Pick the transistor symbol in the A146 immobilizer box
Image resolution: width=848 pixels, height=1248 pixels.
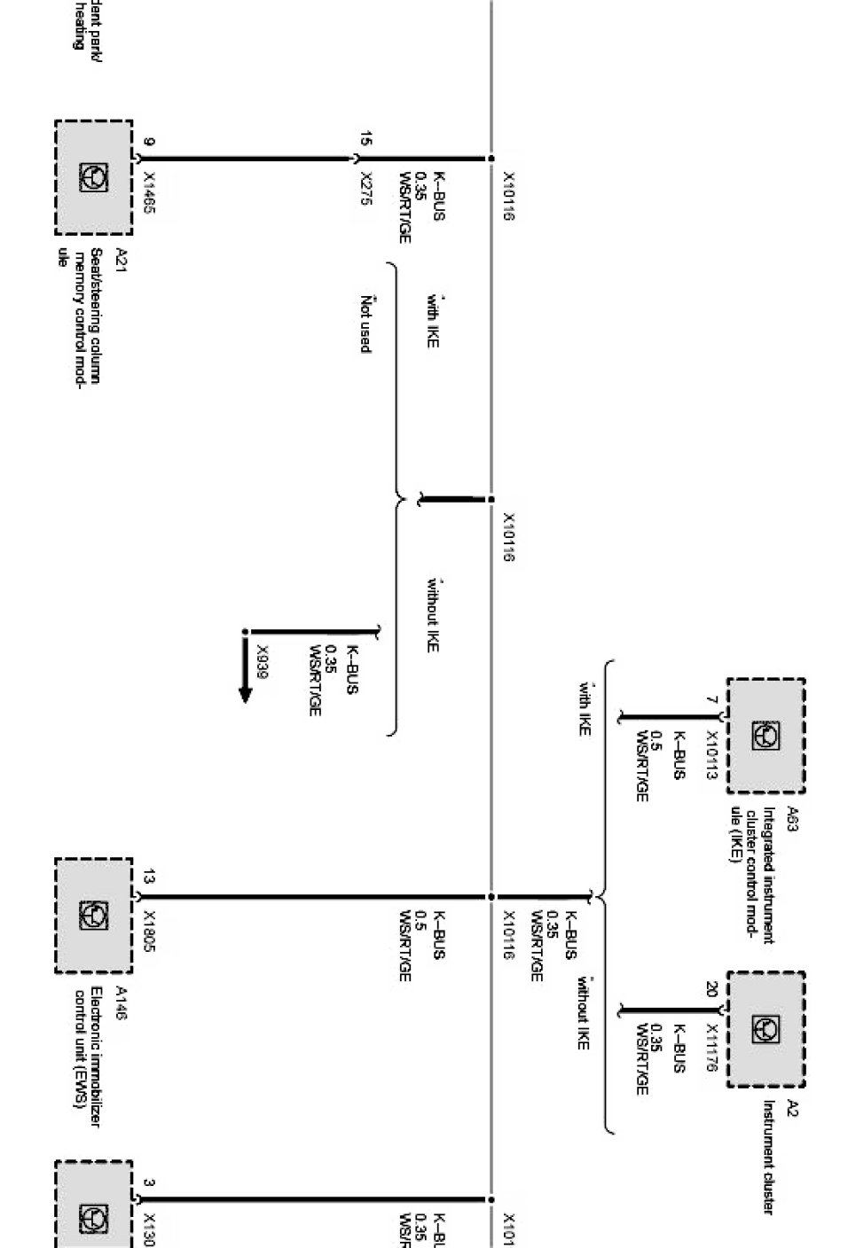click(93, 915)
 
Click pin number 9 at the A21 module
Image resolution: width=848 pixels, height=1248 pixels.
click(148, 142)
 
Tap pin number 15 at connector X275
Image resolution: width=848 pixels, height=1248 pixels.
click(366, 138)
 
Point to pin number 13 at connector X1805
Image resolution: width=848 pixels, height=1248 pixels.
click(148, 877)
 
